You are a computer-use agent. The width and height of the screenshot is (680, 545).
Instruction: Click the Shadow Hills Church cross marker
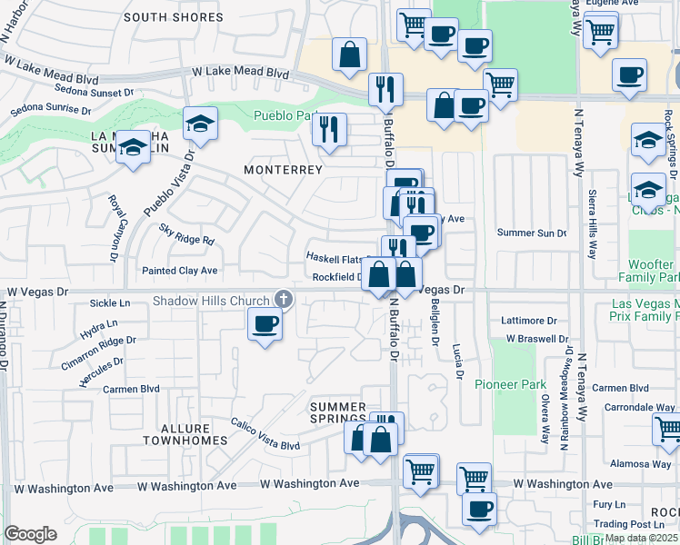click(284, 300)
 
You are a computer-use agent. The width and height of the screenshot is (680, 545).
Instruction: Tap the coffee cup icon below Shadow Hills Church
click(265, 324)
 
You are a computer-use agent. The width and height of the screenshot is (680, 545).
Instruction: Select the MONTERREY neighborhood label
click(284, 170)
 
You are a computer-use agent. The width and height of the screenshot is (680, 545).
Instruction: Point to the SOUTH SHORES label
click(173, 17)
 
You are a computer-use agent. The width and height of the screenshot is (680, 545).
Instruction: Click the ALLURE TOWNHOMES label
click(184, 433)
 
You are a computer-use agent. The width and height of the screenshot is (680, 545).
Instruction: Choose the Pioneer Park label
click(510, 384)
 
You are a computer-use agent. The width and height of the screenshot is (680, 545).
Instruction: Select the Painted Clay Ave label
click(179, 271)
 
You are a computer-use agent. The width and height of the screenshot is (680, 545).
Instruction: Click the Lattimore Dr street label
click(529, 321)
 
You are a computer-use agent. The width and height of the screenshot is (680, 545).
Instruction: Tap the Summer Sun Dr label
click(532, 233)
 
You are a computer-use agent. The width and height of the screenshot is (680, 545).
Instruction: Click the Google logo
click(30, 534)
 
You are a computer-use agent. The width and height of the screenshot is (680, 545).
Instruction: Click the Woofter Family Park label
click(649, 270)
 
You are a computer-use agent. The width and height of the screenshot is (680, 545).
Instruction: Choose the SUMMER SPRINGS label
click(337, 412)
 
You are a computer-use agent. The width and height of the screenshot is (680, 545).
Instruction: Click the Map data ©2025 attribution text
click(641, 538)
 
